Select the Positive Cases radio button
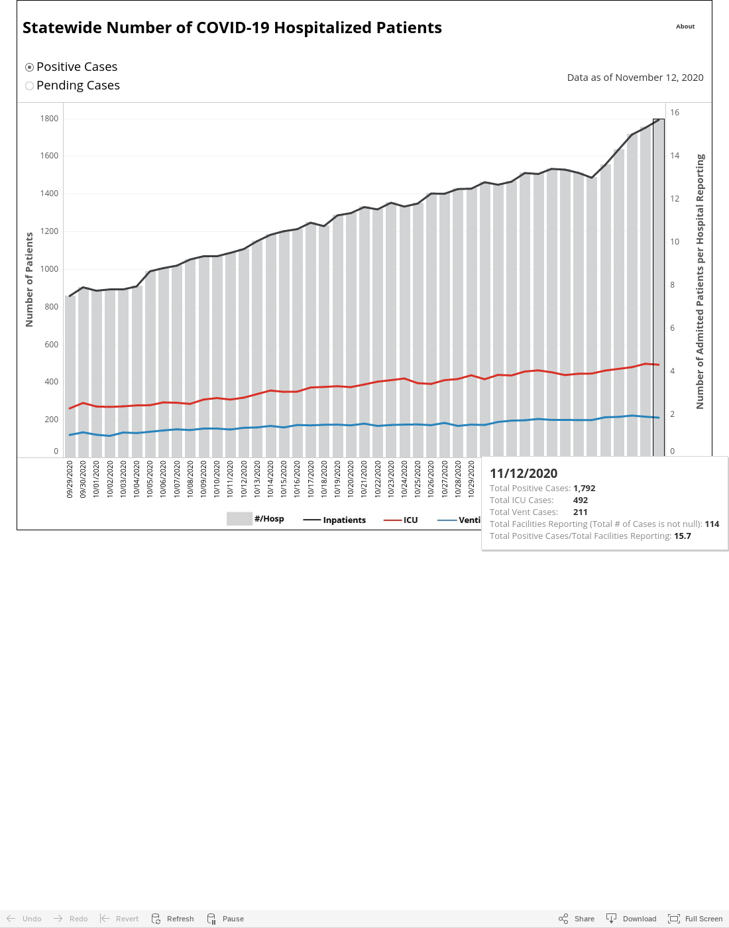pyautogui.click(x=29, y=67)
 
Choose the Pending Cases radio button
pyautogui.click(x=29, y=86)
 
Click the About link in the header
pyautogui.click(x=685, y=27)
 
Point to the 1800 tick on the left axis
pyautogui.click(x=49, y=119)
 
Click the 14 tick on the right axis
pyautogui.click(x=675, y=156)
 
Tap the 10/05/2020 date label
pyautogui.click(x=149, y=479)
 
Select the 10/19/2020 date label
pyautogui.click(x=337, y=479)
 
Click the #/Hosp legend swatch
pyautogui.click(x=239, y=519)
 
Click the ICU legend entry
pyautogui.click(x=400, y=520)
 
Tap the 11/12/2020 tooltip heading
pyautogui.click(x=524, y=473)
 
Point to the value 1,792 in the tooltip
pyautogui.click(x=584, y=488)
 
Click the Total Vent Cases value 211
pyautogui.click(x=580, y=512)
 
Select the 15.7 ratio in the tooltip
pyautogui.click(x=682, y=536)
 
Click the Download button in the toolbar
pyautogui.click(x=632, y=919)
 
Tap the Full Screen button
pyautogui.click(x=695, y=919)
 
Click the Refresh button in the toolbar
pyautogui.click(x=172, y=919)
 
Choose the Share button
pyautogui.click(x=576, y=919)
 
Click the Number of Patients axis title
pyautogui.click(x=29, y=280)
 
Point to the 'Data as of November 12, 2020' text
pyautogui.click(x=635, y=78)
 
